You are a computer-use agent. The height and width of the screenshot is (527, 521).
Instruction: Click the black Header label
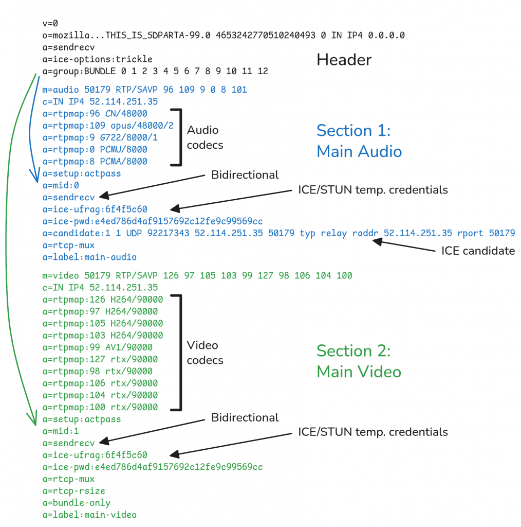(x=344, y=60)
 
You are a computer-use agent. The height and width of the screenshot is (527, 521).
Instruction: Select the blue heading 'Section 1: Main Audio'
(x=359, y=140)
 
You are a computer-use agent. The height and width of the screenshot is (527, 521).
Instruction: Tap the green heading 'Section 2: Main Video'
(x=359, y=361)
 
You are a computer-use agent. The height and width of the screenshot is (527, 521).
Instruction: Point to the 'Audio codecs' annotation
(x=205, y=137)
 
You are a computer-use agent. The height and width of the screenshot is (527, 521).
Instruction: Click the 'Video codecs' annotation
(x=205, y=353)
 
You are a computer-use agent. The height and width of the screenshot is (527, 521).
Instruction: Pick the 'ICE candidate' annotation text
(x=478, y=251)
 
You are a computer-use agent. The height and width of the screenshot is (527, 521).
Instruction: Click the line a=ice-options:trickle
(x=97, y=59)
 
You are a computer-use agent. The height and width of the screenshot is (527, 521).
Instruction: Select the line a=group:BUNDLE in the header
(x=155, y=71)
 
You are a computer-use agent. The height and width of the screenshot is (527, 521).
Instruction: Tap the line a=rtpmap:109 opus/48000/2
(x=108, y=126)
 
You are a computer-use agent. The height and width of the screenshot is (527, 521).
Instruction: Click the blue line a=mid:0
(x=61, y=185)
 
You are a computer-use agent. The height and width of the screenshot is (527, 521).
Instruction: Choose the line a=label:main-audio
(x=89, y=257)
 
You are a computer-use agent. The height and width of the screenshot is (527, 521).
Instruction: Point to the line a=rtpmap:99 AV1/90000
(x=97, y=347)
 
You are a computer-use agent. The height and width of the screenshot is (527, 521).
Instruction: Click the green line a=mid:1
(x=61, y=431)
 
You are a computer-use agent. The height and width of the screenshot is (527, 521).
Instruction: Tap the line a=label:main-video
(x=89, y=515)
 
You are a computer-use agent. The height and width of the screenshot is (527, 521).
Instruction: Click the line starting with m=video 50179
(x=198, y=276)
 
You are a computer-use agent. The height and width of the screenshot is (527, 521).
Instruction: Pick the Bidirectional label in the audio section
(x=245, y=175)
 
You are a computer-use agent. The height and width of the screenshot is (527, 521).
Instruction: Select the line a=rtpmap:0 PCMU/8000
(x=95, y=150)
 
